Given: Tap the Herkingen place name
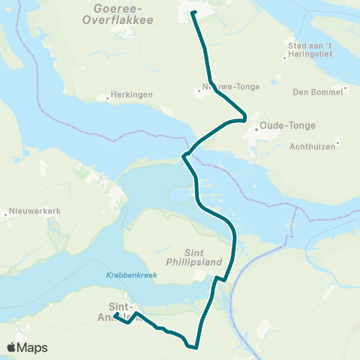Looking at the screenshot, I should (127, 96).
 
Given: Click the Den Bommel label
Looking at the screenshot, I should (317, 91).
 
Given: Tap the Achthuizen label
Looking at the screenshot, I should (312, 146).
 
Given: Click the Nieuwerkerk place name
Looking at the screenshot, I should (35, 211).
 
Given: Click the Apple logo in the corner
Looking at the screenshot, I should (12, 347).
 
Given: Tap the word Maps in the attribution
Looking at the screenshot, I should (34, 347).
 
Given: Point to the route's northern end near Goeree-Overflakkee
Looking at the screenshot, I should (193, 13).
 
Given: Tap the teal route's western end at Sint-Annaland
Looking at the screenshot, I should (116, 315).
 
